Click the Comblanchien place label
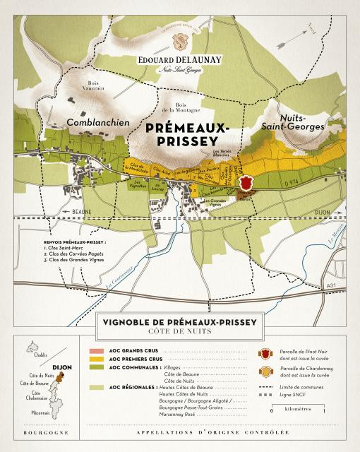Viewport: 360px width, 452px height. (97, 122)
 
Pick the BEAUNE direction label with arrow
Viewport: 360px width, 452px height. (76, 211)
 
